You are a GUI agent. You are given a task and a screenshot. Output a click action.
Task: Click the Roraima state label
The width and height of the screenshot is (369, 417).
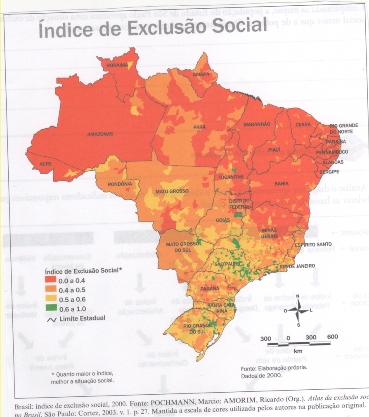click(117, 65)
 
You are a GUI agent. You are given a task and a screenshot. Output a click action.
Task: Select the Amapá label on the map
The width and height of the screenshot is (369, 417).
click(201, 74)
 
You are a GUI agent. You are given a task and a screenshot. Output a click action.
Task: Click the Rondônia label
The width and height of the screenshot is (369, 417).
click(120, 184)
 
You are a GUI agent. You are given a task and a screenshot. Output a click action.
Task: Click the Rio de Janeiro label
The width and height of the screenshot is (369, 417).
click(297, 266)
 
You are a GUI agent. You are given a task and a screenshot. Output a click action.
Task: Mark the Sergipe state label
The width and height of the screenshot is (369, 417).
click(328, 171)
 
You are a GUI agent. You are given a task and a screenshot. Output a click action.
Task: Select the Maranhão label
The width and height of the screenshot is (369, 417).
click(257, 124)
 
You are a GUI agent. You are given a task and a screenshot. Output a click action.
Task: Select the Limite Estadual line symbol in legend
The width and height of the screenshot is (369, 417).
click(52, 318)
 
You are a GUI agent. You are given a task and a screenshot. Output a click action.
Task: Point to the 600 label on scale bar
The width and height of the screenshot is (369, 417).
click(332, 337)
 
